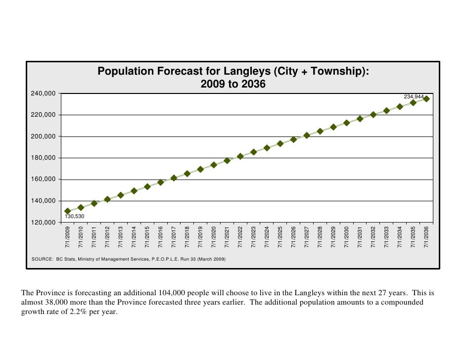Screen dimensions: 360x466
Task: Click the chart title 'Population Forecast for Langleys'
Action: pyautogui.click(x=233, y=71)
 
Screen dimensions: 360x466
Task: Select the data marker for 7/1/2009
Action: pyautogui.click(x=68, y=211)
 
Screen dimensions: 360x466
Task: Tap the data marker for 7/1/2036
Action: pyautogui.click(x=426, y=99)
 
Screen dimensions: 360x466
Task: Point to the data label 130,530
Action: pyautogui.click(x=75, y=217)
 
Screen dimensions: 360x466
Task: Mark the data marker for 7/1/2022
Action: pyautogui.click(x=240, y=156)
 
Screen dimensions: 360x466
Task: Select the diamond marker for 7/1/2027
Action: pyautogui.click(x=307, y=135)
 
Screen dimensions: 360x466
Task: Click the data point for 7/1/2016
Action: pyautogui.click(x=161, y=182)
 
